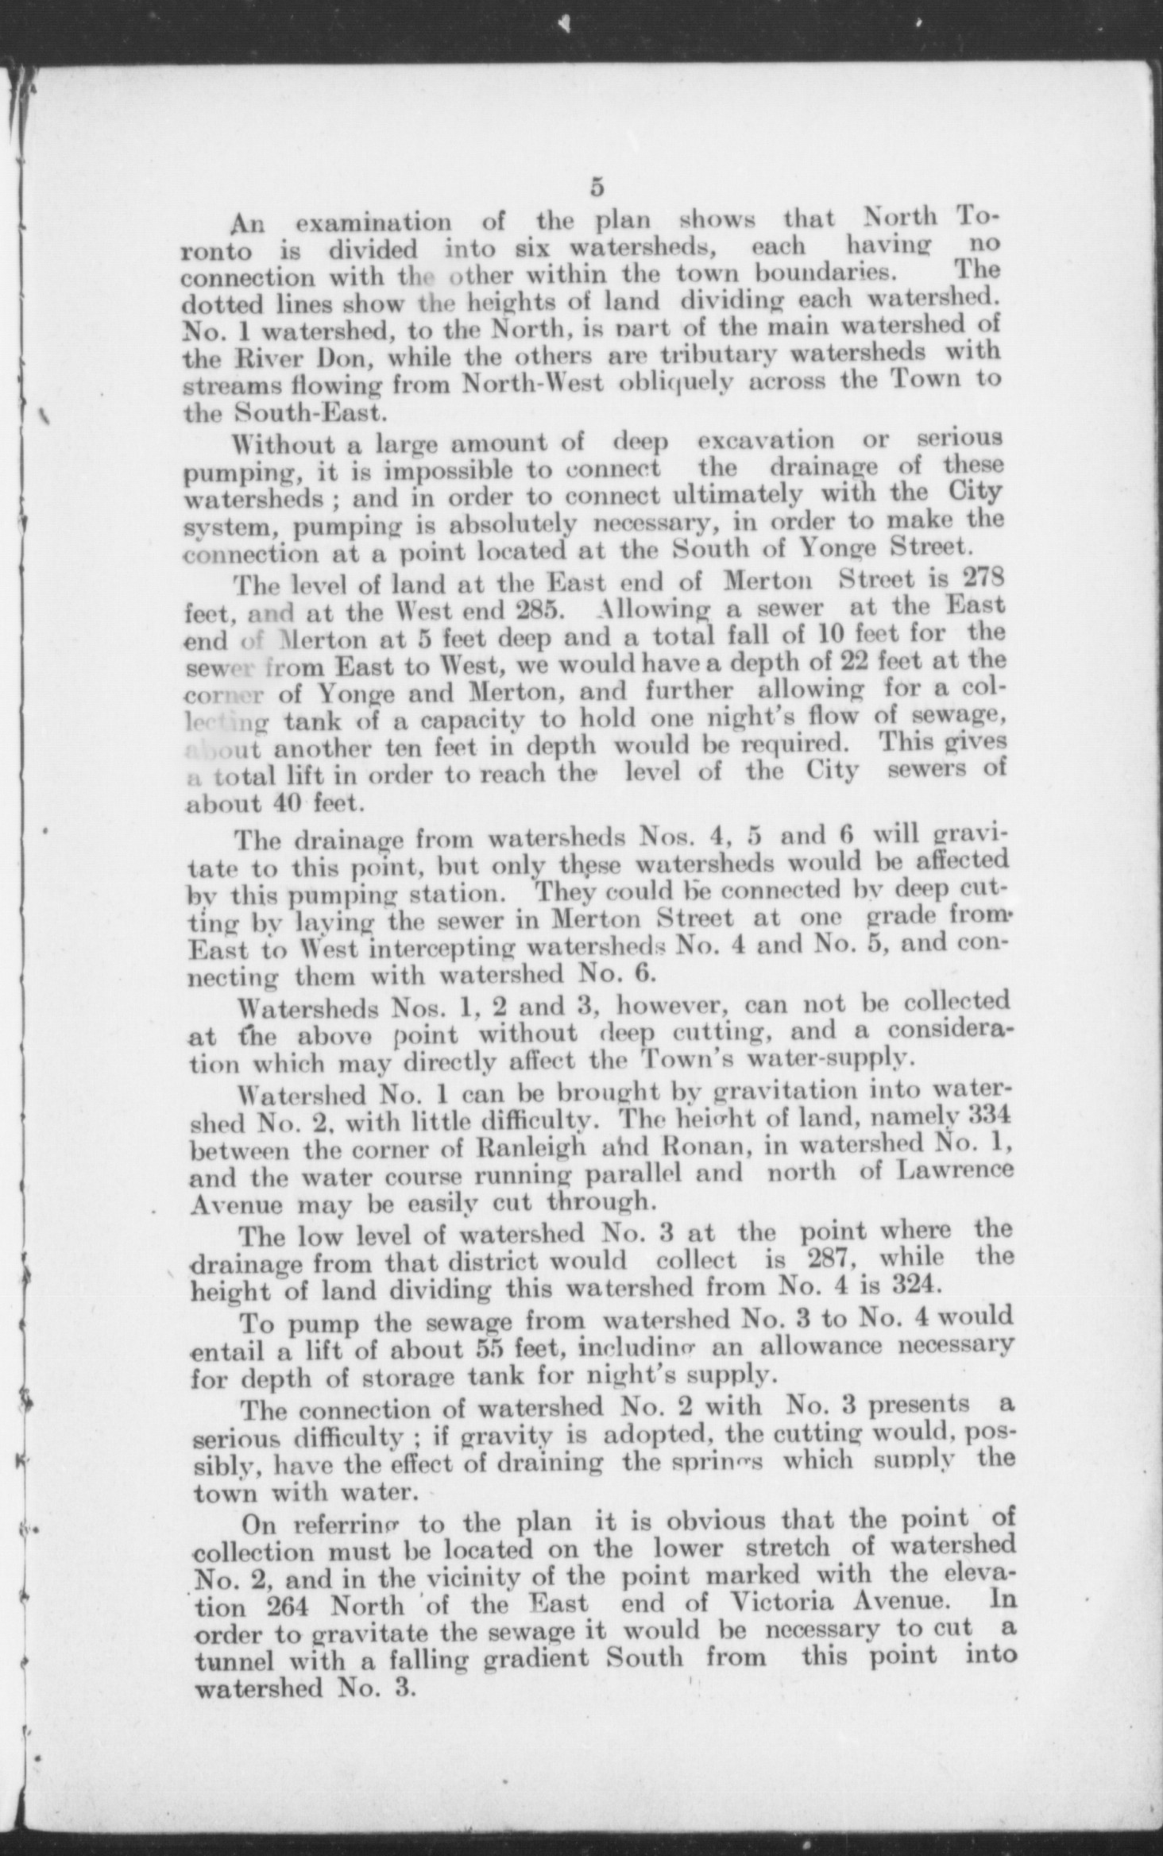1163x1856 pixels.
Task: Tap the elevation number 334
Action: pos(988,1115)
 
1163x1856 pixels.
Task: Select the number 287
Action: pos(832,1261)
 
